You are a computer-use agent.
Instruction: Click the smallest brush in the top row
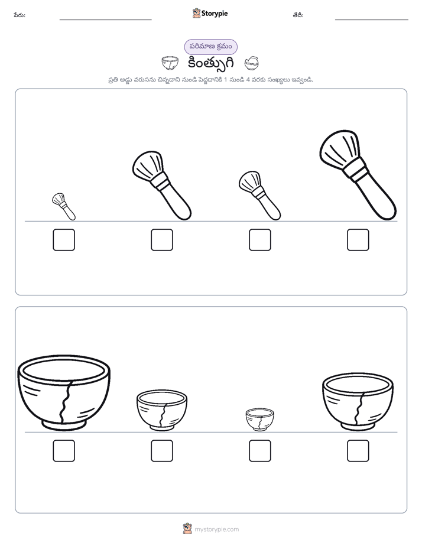tap(64, 206)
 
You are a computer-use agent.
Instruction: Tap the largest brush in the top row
tap(358, 175)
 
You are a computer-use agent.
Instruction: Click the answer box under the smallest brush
tap(64, 239)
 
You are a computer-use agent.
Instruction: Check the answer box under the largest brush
tap(358, 239)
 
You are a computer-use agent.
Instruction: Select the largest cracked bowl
tap(64, 392)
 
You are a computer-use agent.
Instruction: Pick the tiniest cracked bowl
tap(259, 420)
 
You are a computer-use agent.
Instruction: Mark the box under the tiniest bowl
tap(259, 451)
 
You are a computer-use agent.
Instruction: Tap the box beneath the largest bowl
tap(64, 451)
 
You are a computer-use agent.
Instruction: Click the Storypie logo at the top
tap(210, 13)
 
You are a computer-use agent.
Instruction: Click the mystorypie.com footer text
tap(216, 529)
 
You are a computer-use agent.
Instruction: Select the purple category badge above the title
tap(210, 47)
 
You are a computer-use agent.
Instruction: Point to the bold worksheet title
tap(210, 63)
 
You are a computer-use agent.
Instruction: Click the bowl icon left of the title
tap(170, 63)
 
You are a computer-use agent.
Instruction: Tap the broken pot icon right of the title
tap(251, 63)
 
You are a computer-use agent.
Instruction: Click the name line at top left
tap(105, 19)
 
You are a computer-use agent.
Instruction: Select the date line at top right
tap(372, 19)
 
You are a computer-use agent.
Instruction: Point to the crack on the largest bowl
tap(66, 401)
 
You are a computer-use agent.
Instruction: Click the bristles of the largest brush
tap(339, 148)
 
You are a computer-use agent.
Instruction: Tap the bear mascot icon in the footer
tap(187, 529)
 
